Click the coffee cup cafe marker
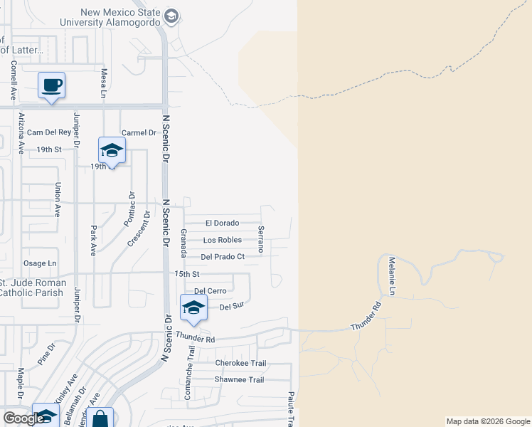(x=51, y=86)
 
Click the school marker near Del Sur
(x=193, y=308)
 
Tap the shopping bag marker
(x=101, y=419)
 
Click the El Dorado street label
(x=222, y=223)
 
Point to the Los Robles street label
(x=222, y=241)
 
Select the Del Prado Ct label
(x=223, y=257)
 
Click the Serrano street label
(x=261, y=239)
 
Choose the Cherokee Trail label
(x=240, y=364)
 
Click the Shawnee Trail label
(x=239, y=380)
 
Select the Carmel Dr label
(x=138, y=133)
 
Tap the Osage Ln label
(x=40, y=263)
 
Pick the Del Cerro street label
(x=210, y=291)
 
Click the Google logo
(x=23, y=418)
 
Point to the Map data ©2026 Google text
(x=487, y=421)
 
